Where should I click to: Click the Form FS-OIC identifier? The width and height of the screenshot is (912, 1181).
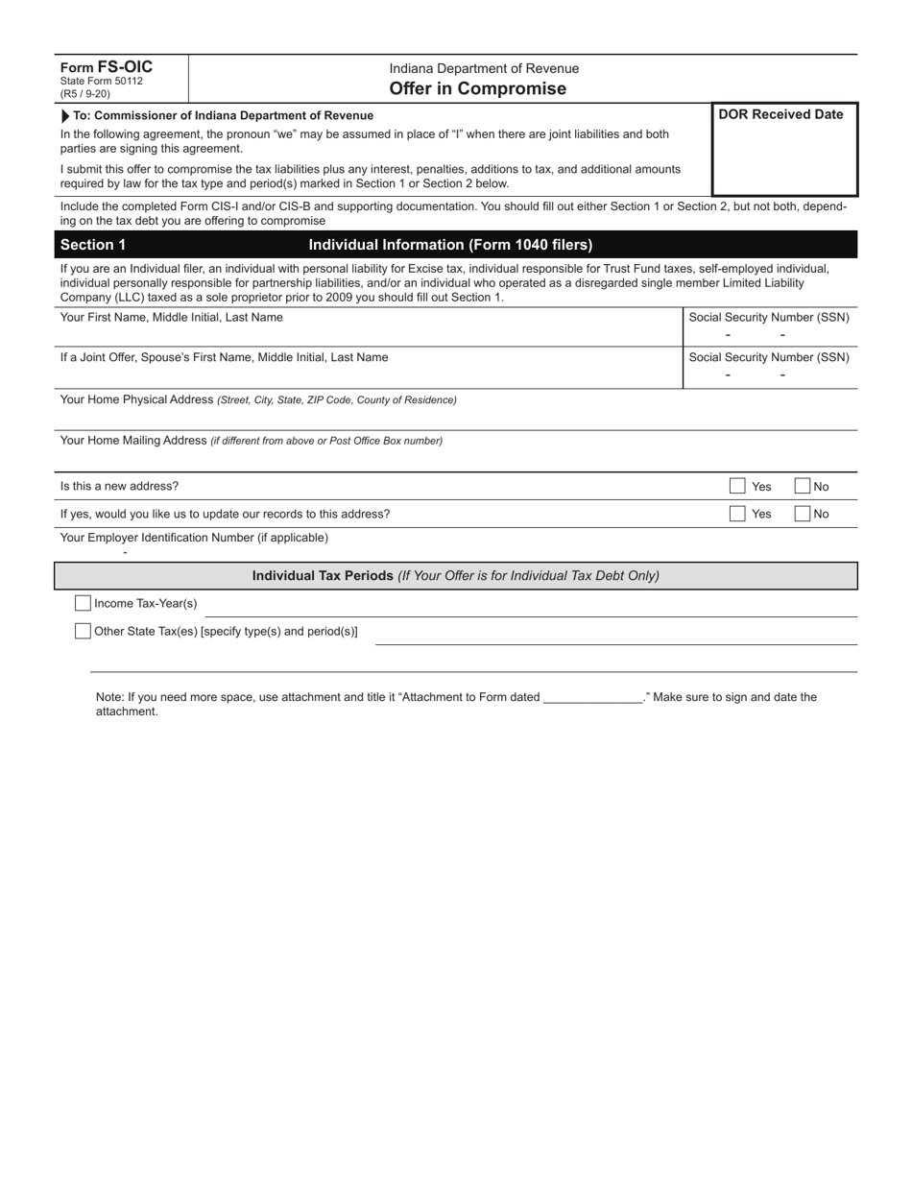(106, 67)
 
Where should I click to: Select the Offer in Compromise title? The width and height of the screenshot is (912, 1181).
(477, 88)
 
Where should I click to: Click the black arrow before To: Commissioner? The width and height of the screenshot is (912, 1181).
(65, 115)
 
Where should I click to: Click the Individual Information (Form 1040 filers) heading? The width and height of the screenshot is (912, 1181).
(450, 245)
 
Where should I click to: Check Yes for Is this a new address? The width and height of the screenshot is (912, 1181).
(737, 486)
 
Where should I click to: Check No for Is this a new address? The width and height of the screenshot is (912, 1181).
(803, 486)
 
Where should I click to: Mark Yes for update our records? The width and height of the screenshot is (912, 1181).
(737, 514)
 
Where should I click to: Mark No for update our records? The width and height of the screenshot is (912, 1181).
(803, 514)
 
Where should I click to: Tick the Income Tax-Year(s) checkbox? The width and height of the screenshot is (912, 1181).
(84, 603)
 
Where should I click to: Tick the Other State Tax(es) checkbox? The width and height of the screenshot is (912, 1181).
(84, 631)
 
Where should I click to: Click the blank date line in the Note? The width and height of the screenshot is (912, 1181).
(592, 698)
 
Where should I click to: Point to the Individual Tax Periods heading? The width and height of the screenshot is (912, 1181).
(455, 576)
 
